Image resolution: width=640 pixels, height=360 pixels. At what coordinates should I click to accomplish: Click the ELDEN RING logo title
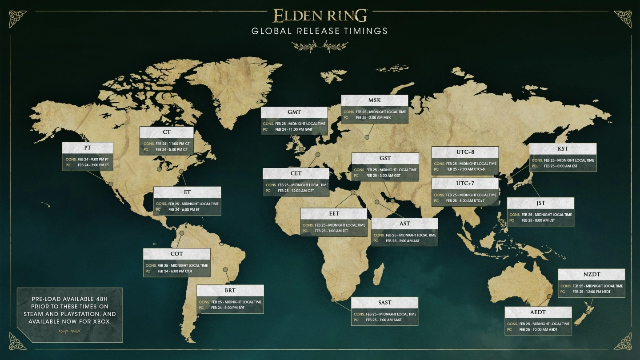320,16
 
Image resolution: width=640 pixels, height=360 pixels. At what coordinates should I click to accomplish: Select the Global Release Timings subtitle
320,31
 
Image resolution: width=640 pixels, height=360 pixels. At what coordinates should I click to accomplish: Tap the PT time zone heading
88,148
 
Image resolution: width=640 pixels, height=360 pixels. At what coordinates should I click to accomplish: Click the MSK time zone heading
375,100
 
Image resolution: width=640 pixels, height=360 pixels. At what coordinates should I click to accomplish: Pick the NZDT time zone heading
591,274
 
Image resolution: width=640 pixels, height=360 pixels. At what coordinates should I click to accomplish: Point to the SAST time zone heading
385,302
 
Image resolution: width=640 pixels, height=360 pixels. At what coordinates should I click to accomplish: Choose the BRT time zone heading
230,290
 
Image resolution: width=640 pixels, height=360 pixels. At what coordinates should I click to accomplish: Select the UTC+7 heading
465,184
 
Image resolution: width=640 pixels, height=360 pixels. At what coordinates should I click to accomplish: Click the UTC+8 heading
465,152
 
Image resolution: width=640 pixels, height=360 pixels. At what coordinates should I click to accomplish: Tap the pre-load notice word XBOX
101,321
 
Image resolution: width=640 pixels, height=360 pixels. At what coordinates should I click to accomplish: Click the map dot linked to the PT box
110,183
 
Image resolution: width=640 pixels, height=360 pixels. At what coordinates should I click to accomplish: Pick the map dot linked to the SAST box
333,300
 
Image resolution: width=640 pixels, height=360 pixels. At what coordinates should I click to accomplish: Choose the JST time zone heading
540,203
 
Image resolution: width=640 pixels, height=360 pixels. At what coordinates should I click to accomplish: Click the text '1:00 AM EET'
337,231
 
